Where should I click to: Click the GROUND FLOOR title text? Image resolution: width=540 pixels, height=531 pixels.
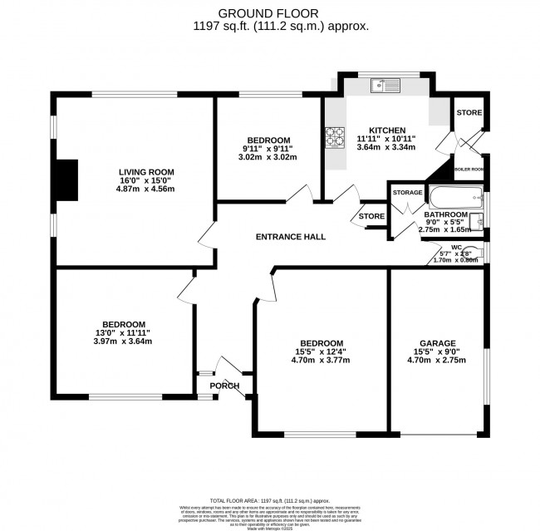(270, 12)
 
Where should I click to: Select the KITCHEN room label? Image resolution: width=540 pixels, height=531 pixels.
(387, 130)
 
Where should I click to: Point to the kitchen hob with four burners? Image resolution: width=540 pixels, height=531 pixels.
(336, 135)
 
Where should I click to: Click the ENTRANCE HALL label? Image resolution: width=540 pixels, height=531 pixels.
(290, 237)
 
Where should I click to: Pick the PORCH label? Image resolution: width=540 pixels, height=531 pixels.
(225, 386)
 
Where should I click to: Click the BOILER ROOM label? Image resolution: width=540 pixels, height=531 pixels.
(469, 169)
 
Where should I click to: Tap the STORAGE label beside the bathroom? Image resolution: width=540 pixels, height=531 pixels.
(408, 193)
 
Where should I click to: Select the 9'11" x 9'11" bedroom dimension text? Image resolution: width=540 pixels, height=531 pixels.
(268, 149)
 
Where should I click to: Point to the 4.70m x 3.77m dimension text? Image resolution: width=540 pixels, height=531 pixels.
(321, 361)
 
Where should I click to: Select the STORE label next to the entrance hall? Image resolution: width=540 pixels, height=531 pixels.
(371, 217)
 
